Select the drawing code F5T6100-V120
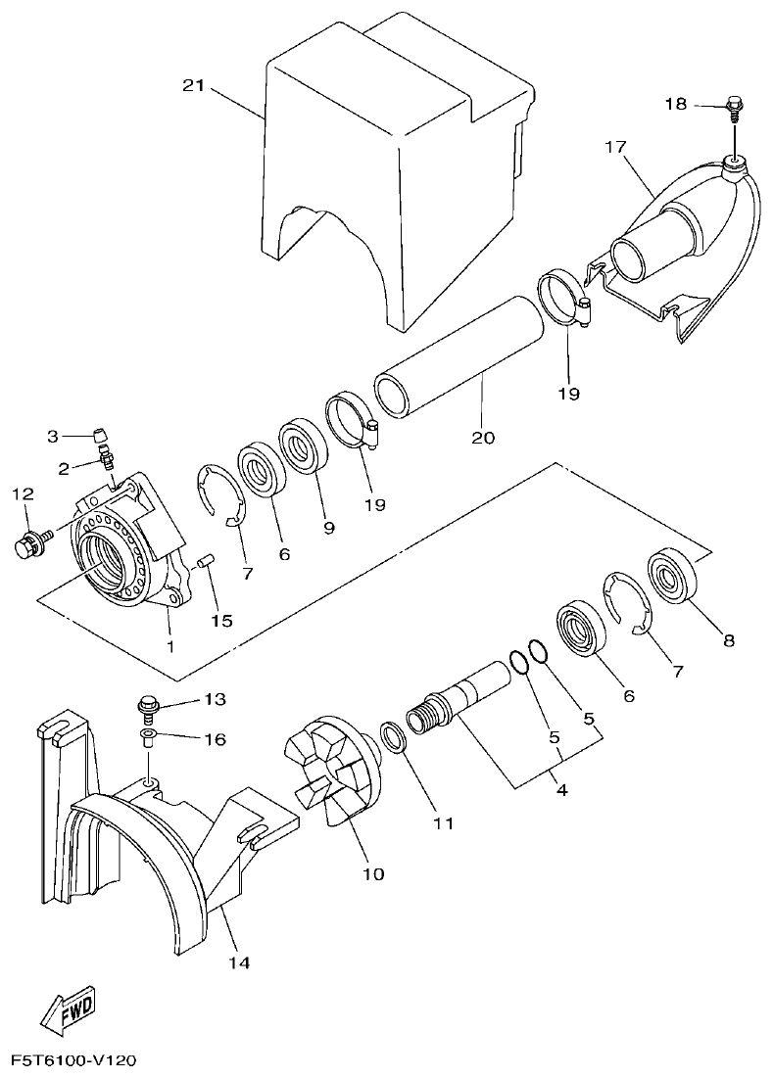tap(72, 1061)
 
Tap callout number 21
tap(193, 86)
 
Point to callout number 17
tap(614, 148)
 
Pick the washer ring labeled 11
tap(389, 736)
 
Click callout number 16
tap(215, 739)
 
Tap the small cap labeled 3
tap(99, 433)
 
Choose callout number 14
tap(239, 962)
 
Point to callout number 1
tap(169, 645)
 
